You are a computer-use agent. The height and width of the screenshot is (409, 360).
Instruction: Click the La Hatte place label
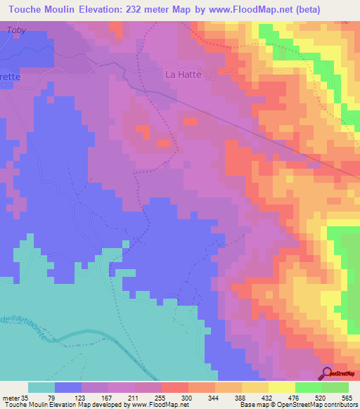point(184,74)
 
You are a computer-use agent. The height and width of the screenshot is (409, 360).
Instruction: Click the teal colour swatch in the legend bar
point(41,388)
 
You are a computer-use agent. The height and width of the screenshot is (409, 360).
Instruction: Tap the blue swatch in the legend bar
point(68,388)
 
